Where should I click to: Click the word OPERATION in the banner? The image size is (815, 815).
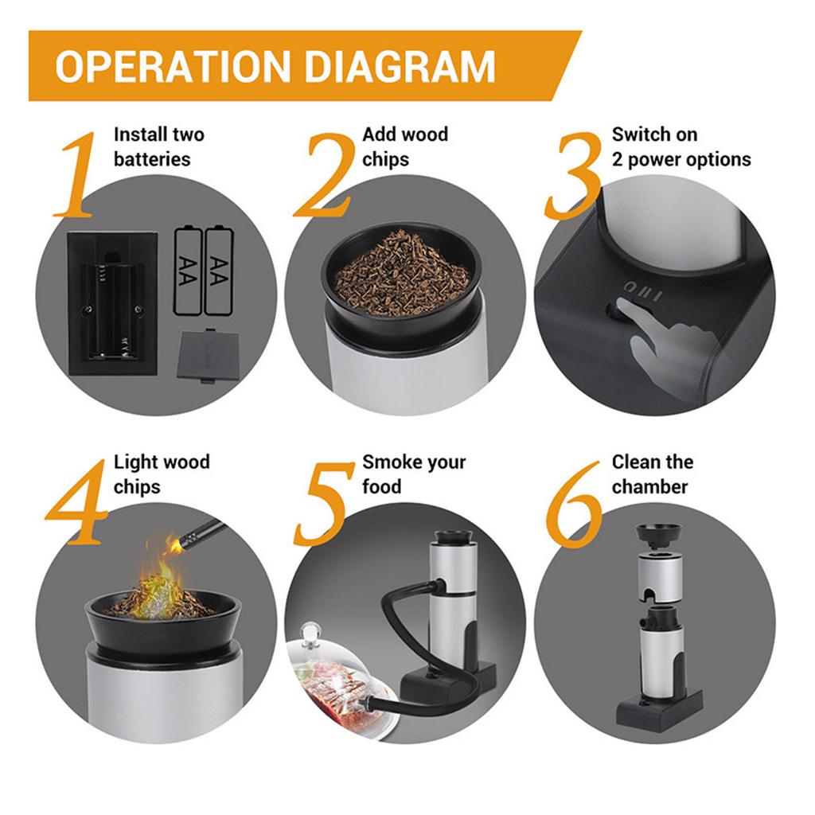tap(173, 66)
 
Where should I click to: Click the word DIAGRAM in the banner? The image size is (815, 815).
tap(400, 66)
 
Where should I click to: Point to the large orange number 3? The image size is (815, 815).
tap(573, 174)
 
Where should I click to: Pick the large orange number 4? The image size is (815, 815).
tap(78, 502)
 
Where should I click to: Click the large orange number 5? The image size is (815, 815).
tap(323, 503)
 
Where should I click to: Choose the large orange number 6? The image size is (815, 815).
tap(574, 503)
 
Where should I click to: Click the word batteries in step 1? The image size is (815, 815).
tap(152, 159)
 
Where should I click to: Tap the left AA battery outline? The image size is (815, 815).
tap(188, 271)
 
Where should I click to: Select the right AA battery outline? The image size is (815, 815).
tap(220, 271)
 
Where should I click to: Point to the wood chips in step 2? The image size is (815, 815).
tap(401, 276)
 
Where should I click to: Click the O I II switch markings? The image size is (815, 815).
tap(643, 291)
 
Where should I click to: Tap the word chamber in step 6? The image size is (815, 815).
tap(649, 487)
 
